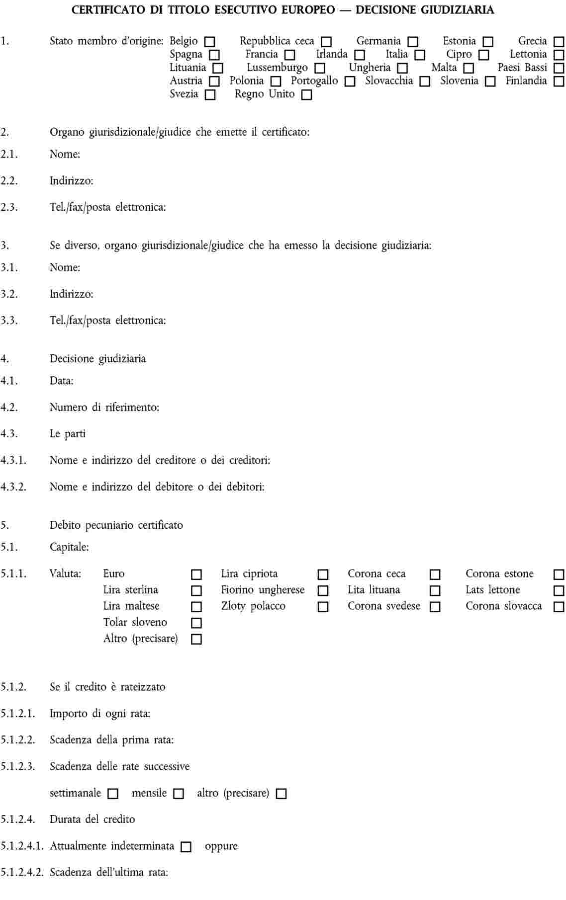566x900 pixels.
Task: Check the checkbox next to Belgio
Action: coord(209,42)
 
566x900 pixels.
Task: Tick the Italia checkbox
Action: coord(420,55)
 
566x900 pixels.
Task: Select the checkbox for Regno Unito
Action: coord(307,94)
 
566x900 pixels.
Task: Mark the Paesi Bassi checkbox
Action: coord(559,68)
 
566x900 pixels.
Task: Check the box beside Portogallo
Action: coord(350,82)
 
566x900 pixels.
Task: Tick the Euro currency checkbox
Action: coord(196,574)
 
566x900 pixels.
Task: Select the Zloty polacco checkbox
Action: coord(323,607)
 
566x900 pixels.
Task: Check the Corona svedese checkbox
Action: coord(435,607)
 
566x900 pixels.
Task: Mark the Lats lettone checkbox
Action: coord(559,591)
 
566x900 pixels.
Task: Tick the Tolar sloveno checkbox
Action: coord(196,623)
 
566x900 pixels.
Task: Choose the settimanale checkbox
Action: coord(113,794)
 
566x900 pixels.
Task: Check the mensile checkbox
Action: coord(179,794)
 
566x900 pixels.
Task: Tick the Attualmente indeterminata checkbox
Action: coord(186,847)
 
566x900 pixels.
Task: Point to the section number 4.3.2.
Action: coord(13,487)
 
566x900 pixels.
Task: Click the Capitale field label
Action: coord(69,547)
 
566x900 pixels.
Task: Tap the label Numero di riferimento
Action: coord(104,408)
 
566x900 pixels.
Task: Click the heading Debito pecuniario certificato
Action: coord(116,525)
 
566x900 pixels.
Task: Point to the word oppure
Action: coord(221,846)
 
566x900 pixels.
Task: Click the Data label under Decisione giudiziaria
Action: coord(62,381)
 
